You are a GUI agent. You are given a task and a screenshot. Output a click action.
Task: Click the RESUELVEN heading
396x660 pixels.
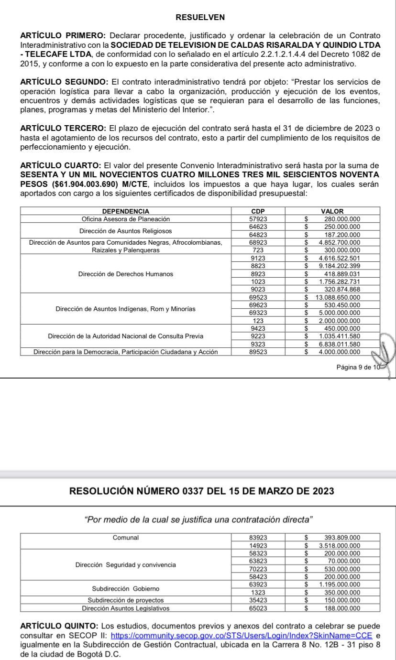(x=200, y=18)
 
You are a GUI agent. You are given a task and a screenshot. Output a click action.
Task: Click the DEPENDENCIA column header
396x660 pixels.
(x=126, y=211)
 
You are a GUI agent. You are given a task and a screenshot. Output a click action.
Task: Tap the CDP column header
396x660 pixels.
(x=258, y=211)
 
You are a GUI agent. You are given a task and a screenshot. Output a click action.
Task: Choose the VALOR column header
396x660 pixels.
(x=332, y=211)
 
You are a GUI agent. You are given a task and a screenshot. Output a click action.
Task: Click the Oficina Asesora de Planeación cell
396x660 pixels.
(x=126, y=219)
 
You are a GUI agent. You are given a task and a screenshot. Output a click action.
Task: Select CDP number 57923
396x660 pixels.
(x=258, y=219)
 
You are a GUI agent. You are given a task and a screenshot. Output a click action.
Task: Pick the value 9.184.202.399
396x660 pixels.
(x=339, y=266)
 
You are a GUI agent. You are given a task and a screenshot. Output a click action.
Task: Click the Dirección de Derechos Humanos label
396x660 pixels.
(x=126, y=274)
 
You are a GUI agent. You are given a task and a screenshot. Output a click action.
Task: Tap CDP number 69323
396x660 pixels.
(x=258, y=313)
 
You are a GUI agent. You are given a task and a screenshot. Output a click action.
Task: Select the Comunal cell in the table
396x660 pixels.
(x=126, y=537)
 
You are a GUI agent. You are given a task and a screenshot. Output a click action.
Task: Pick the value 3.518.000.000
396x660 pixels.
(x=339, y=545)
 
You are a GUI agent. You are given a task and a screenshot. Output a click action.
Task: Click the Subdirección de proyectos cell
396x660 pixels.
(x=126, y=600)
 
